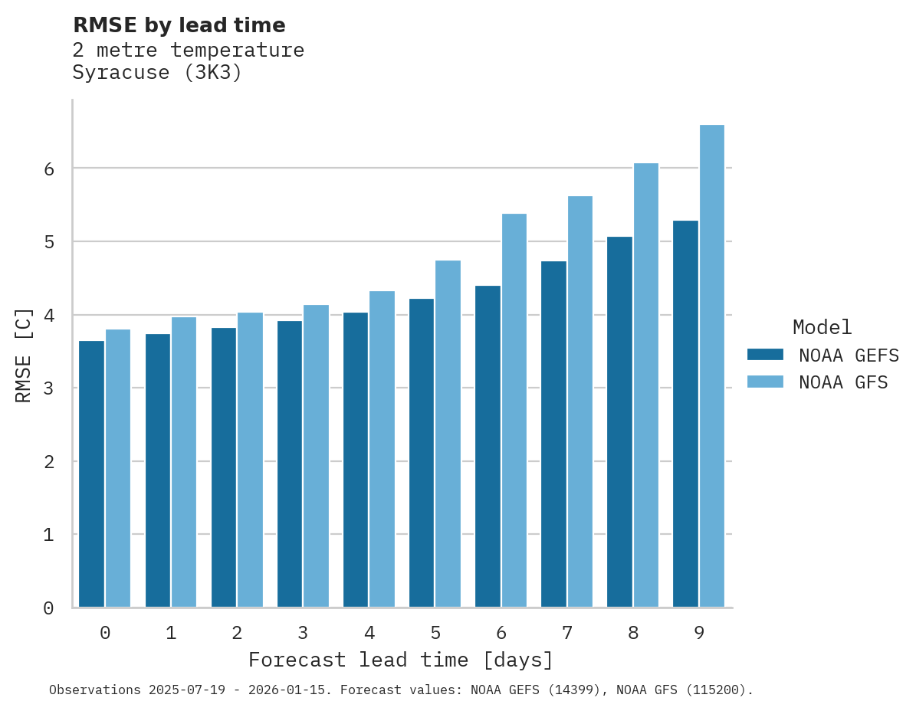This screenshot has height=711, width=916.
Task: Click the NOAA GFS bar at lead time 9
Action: pos(712,366)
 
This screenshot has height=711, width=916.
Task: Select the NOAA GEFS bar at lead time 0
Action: pos(91,474)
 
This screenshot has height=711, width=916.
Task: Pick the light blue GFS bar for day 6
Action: pos(514,411)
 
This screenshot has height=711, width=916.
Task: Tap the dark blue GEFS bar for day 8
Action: pos(619,422)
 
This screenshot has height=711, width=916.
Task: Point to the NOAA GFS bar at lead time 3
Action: pos(317,457)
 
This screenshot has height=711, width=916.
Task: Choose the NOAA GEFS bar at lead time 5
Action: pos(422,453)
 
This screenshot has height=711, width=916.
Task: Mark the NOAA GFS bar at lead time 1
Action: pos(184,462)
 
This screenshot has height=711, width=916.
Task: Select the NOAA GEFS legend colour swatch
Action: pos(765,355)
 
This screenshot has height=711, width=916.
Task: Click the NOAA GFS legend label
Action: pos(843,382)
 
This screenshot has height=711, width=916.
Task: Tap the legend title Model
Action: pos(822,328)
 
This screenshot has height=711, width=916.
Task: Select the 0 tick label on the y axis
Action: pos(48,608)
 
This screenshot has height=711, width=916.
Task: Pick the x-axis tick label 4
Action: pos(369,634)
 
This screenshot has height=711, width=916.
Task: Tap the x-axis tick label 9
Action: pos(699,634)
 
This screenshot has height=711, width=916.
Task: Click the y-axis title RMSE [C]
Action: pos(24,355)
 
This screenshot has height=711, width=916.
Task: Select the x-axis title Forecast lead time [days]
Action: pos(400,660)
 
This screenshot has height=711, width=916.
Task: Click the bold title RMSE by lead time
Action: pos(179,25)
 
